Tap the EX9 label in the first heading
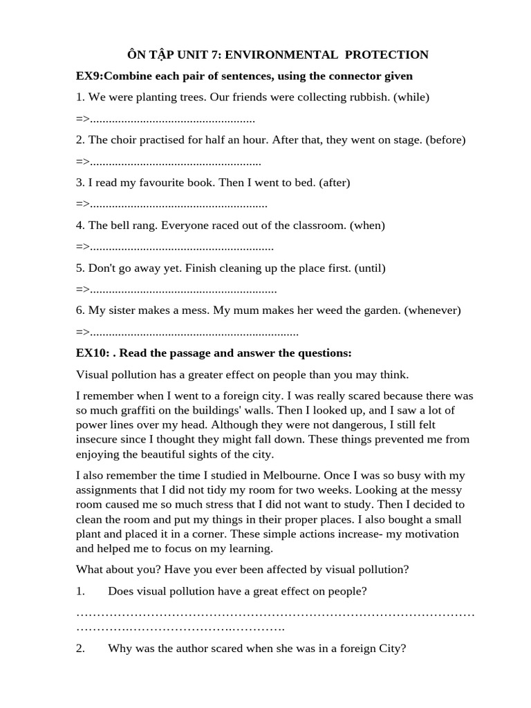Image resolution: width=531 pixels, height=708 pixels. (x=88, y=75)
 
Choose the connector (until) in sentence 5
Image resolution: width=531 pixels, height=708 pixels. (x=370, y=268)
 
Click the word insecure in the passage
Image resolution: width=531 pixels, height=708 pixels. (x=98, y=439)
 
